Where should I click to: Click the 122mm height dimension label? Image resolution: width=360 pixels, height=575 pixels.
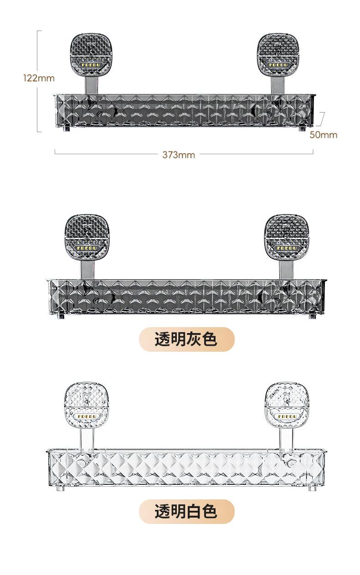click(39, 78)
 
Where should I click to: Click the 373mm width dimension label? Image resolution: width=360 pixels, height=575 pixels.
click(179, 155)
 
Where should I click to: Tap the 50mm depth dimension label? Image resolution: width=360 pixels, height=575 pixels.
click(323, 135)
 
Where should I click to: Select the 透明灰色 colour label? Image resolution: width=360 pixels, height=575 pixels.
click(186, 339)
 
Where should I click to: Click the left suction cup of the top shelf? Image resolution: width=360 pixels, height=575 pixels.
click(92, 55)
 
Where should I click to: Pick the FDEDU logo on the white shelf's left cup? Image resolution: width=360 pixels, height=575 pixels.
click(86, 416)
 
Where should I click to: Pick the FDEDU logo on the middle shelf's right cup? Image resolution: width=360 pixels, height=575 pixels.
click(287, 248)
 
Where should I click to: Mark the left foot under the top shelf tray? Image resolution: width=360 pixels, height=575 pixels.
click(67, 129)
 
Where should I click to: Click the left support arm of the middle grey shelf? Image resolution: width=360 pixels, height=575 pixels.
click(87, 270)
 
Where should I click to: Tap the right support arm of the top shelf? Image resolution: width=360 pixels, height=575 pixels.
click(278, 86)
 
